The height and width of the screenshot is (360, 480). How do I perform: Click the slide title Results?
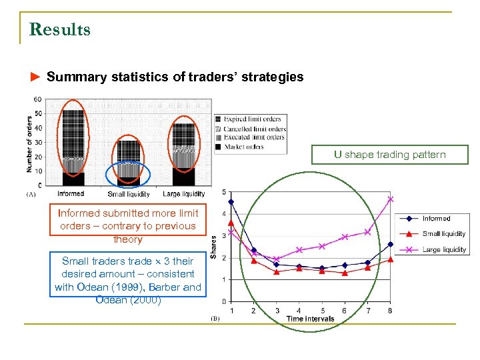coord(60,30)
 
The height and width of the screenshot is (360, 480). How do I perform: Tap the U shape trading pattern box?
coord(391,155)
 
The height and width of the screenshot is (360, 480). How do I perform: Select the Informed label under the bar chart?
coord(71,194)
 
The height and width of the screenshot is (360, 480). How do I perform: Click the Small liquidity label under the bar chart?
coord(128,194)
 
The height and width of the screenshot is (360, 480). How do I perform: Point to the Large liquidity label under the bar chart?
coord(184,194)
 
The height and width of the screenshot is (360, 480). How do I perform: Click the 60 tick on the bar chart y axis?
coord(37,100)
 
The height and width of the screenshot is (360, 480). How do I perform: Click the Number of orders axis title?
coord(29,143)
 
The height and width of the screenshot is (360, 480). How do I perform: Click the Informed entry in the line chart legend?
coord(436,219)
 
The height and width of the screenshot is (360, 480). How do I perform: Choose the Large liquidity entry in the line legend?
coord(444,249)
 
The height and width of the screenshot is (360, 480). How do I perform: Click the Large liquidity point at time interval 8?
coord(391,199)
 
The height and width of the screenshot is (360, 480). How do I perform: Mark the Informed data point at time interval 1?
coord(231,201)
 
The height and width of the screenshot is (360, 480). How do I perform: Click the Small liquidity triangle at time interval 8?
coord(391,259)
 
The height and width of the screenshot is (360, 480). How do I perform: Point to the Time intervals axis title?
coord(310,319)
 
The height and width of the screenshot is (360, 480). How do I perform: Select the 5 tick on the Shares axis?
coord(223,193)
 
